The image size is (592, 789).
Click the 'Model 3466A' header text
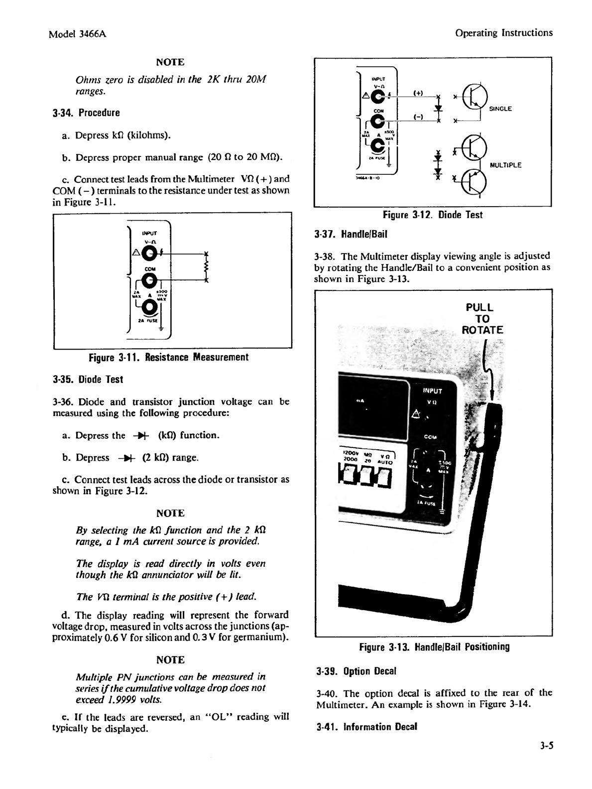coord(78,34)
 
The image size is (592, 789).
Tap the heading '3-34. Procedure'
coord(86,113)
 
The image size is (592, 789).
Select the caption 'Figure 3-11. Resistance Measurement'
coord(168,358)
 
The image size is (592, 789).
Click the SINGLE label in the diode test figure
coord(500,109)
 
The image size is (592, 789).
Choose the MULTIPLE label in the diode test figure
coord(506,165)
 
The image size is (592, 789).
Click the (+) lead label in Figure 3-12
coord(419,93)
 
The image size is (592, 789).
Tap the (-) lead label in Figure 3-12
coord(419,117)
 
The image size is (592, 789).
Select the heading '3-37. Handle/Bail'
coord(351,234)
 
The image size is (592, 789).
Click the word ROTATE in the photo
coord(482,330)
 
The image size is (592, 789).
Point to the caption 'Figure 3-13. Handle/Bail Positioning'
coord(434,647)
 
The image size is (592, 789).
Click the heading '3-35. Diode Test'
coord(88,380)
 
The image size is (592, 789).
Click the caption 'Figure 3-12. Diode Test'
coord(432,215)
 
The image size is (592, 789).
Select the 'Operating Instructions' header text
coord(504,33)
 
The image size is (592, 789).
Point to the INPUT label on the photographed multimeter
coord(432,391)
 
